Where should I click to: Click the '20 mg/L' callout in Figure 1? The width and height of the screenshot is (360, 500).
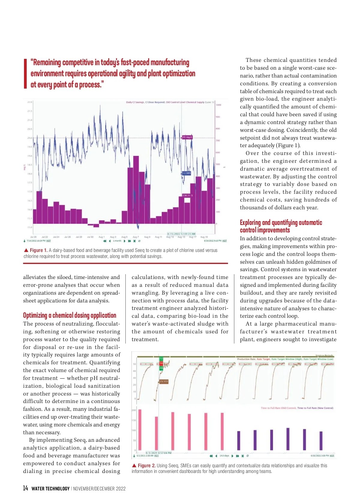click(x=187, y=137)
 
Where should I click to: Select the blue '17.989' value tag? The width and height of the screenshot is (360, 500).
click(x=186, y=173)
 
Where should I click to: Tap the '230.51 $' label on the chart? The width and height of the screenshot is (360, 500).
click(x=187, y=195)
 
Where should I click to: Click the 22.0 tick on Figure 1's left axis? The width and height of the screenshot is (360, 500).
click(x=30, y=102)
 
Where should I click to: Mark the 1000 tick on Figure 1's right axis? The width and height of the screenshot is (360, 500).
click(x=218, y=105)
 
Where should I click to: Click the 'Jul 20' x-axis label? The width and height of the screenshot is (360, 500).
click(x=33, y=237)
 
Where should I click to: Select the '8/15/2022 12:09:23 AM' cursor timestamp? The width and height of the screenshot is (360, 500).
click(x=181, y=234)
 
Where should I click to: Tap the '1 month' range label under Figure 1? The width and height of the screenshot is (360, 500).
click(x=117, y=241)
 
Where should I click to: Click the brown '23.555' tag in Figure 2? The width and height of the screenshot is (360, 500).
click(x=163, y=381)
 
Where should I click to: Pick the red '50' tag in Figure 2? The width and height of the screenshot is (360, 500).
click(x=161, y=363)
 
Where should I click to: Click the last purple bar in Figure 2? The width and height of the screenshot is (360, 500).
click(x=321, y=441)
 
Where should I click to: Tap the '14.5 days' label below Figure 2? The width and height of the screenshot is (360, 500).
click(x=224, y=456)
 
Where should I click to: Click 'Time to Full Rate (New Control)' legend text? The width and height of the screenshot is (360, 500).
click(x=315, y=408)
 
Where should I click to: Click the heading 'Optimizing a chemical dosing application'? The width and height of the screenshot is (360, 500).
click(x=70, y=315)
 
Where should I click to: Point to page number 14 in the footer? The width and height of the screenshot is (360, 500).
click(x=25, y=488)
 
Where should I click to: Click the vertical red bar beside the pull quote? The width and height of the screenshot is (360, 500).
click(x=25, y=74)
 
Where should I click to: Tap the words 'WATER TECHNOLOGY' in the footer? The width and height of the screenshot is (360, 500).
click(x=50, y=489)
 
